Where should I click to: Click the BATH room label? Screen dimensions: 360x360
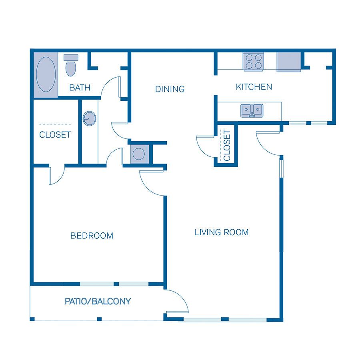click(80, 88)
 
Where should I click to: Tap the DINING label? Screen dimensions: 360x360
click(170, 89)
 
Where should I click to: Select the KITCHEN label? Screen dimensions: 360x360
click(254, 87)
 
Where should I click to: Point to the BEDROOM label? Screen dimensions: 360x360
click(92, 236)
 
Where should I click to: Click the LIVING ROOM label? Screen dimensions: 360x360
click(222, 232)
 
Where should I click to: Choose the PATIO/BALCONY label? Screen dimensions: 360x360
click(98, 301)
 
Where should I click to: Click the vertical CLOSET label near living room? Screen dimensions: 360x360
click(227, 145)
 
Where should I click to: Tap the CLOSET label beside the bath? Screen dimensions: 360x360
click(55, 135)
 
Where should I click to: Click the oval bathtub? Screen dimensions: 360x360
click(46, 74)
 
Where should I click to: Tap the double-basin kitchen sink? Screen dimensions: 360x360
click(252, 110)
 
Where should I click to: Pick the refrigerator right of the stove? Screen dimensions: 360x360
click(288, 62)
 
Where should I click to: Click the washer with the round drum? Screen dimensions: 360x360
click(139, 154)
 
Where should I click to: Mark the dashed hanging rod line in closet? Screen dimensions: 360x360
click(55, 124)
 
